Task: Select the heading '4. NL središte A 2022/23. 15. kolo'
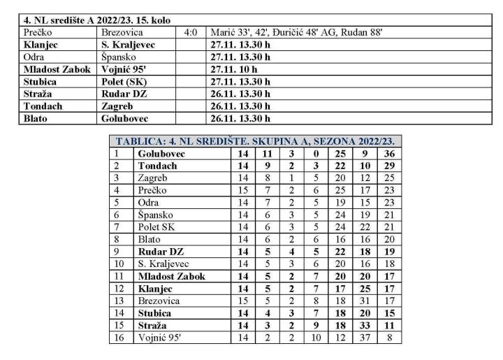point(97,21)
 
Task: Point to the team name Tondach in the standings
point(157,166)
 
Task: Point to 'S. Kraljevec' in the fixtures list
point(128,44)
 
